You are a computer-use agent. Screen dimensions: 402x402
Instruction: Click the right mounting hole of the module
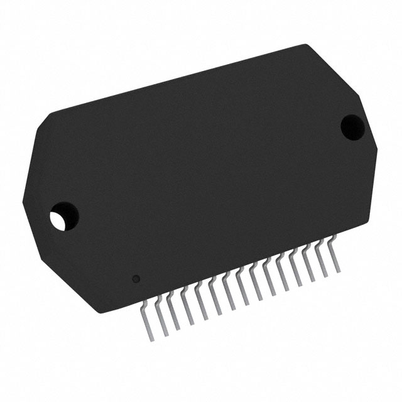tap(352, 125)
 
